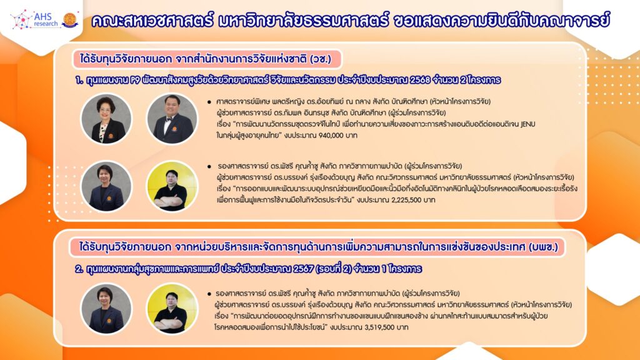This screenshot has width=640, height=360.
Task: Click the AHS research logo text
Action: (46, 19)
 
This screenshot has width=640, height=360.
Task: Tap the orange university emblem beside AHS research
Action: (70, 20)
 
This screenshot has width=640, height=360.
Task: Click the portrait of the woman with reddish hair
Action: (106, 119)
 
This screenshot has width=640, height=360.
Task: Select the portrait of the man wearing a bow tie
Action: (172, 119)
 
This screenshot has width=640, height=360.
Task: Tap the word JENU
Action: (527, 124)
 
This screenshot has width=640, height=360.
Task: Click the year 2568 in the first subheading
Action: (420, 80)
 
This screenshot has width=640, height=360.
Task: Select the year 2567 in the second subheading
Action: (303, 269)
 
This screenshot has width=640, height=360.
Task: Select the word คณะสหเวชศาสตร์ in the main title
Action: (152, 21)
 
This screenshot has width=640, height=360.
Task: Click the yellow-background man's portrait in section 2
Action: (172, 309)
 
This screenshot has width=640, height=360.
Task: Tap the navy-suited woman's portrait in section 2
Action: (106, 309)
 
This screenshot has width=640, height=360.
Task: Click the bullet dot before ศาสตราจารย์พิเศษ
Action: (209, 102)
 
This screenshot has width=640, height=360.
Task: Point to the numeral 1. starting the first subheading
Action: (79, 80)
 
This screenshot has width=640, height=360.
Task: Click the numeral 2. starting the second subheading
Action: (79, 269)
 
